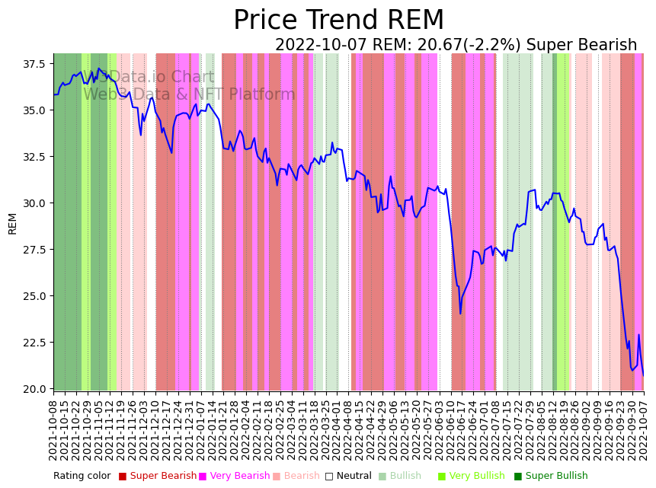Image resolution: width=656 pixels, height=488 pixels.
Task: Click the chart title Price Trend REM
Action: point(338,21)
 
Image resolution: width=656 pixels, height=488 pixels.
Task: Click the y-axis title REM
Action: point(12,223)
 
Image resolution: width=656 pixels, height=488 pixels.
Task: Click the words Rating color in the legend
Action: point(82,477)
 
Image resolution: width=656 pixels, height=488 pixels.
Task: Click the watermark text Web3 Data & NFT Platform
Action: point(189,95)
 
